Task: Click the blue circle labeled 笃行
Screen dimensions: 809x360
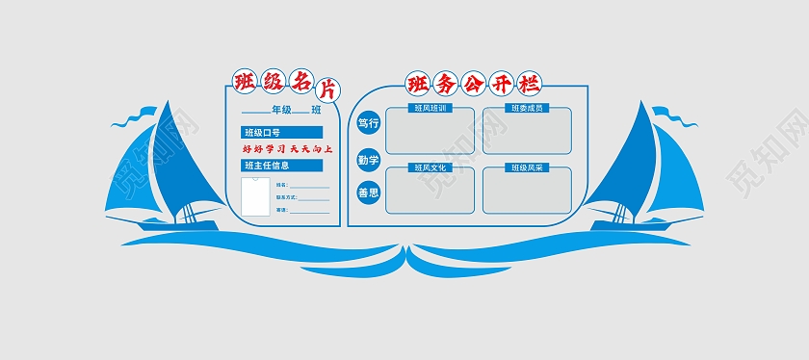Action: [x=368, y=123]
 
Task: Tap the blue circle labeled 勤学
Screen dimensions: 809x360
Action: [x=368, y=158]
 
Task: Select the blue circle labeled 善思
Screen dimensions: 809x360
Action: [x=368, y=193]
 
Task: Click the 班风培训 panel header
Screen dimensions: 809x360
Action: [x=429, y=108]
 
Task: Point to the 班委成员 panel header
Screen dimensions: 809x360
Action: [x=527, y=108]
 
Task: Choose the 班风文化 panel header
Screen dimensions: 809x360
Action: [x=429, y=167]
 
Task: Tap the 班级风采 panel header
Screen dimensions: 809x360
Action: [x=527, y=167]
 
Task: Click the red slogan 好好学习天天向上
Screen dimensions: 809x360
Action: [x=286, y=149]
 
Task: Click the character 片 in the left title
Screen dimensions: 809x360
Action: [x=327, y=90]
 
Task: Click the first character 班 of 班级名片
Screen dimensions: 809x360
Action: [x=247, y=81]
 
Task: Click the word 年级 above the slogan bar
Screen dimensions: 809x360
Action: [x=281, y=111]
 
